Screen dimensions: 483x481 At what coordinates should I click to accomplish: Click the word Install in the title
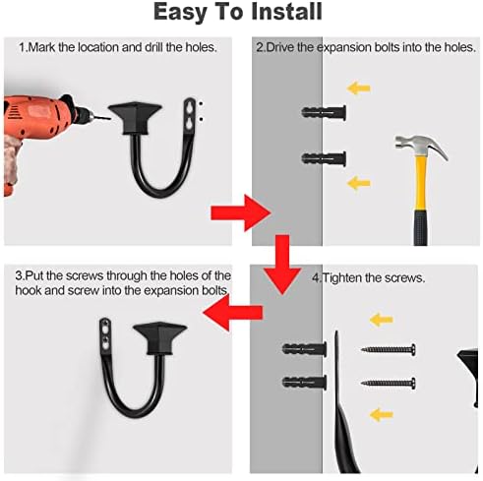[x=286, y=12]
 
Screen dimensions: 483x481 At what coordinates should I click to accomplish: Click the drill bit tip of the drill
[x=109, y=118]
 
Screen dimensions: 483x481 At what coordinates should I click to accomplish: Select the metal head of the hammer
[x=421, y=147]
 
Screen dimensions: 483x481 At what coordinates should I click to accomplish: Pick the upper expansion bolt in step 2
[x=324, y=113]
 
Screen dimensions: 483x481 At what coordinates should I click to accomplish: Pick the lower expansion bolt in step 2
[x=324, y=158]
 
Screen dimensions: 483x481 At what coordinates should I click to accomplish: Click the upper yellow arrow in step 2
[x=358, y=89]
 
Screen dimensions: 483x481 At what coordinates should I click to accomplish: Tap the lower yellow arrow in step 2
[x=358, y=183]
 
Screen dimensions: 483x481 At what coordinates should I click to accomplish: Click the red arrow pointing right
[x=240, y=213]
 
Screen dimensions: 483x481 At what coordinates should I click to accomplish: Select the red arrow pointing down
[x=282, y=265]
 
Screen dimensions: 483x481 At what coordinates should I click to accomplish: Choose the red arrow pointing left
[x=233, y=312]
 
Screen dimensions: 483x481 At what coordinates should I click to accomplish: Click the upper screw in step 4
[x=389, y=350]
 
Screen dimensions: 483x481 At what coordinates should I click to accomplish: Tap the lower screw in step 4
[x=389, y=383]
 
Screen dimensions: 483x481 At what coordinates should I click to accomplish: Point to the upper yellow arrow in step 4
[x=382, y=320]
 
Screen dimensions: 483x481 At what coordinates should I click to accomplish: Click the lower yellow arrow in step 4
[x=382, y=415]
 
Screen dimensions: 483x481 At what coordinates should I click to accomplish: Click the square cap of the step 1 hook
[x=135, y=117]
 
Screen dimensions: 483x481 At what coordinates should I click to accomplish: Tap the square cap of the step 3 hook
[x=159, y=337]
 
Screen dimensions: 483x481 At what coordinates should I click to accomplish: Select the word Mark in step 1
[x=41, y=47]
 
